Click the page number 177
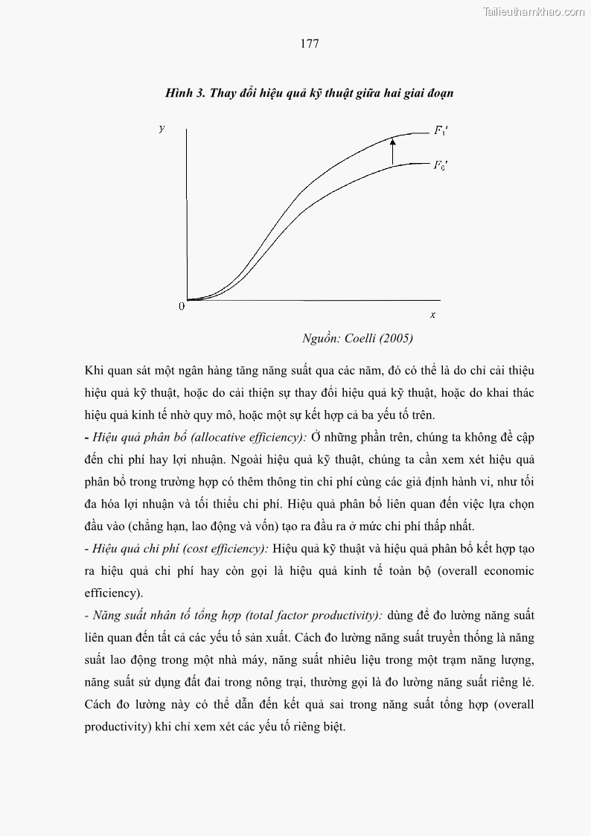(310, 44)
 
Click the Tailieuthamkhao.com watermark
(533, 11)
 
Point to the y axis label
(162, 129)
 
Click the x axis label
(432, 315)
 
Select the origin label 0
(181, 307)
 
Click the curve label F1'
(441, 130)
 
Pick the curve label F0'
(441, 165)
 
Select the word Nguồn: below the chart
(321, 339)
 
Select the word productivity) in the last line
(118, 727)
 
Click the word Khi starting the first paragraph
(94, 370)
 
